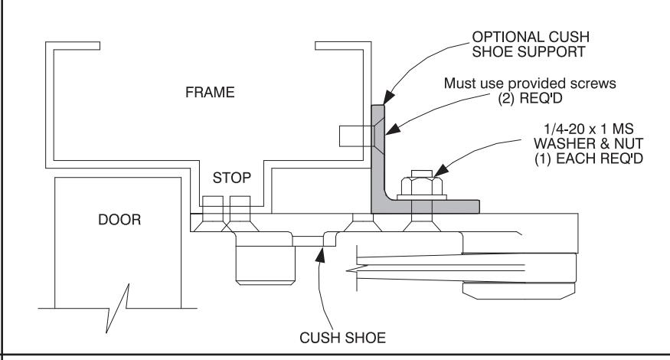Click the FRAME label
[x=210, y=93]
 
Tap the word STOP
[x=231, y=178]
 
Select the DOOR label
[x=119, y=220]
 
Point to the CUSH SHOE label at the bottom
[x=343, y=338]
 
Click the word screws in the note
[x=595, y=83]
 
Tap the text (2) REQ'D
[x=530, y=98]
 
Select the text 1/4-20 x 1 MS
[x=588, y=129]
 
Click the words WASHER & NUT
[x=588, y=143]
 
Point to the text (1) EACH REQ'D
[x=589, y=159]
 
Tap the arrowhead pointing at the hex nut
[x=441, y=170]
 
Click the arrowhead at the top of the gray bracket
[x=388, y=97]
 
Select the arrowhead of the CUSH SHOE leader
[x=320, y=254]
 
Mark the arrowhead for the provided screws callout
[x=392, y=129]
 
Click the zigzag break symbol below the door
[x=118, y=308]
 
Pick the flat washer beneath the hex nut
[x=422, y=198]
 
